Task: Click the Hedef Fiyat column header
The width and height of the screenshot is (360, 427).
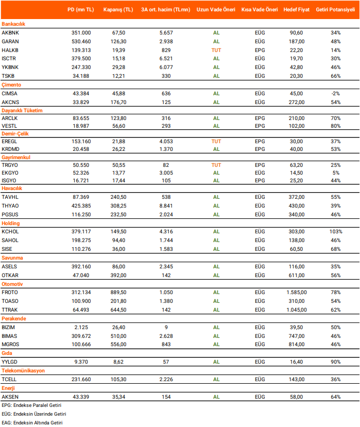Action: [x=296, y=10]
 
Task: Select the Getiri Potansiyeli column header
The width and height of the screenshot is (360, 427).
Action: [x=336, y=10]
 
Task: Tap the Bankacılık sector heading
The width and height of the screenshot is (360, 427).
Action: [x=13, y=24]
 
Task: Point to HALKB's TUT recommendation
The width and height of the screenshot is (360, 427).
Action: [x=216, y=50]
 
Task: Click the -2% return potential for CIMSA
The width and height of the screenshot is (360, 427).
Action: [x=336, y=93]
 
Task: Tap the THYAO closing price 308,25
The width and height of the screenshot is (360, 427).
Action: [x=118, y=206]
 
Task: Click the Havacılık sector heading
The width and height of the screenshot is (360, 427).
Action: [x=12, y=189]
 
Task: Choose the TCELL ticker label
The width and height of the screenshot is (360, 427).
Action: [x=10, y=379]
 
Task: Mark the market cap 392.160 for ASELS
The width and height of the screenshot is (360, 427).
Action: [x=82, y=266]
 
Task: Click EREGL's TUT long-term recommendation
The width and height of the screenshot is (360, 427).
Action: [x=216, y=141]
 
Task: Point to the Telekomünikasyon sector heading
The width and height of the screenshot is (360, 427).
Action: [x=23, y=370]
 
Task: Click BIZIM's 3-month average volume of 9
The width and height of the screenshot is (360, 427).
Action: [x=166, y=327]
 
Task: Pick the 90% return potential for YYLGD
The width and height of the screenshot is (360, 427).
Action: [x=336, y=362]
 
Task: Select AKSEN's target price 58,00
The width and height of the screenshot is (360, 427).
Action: [x=296, y=396]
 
